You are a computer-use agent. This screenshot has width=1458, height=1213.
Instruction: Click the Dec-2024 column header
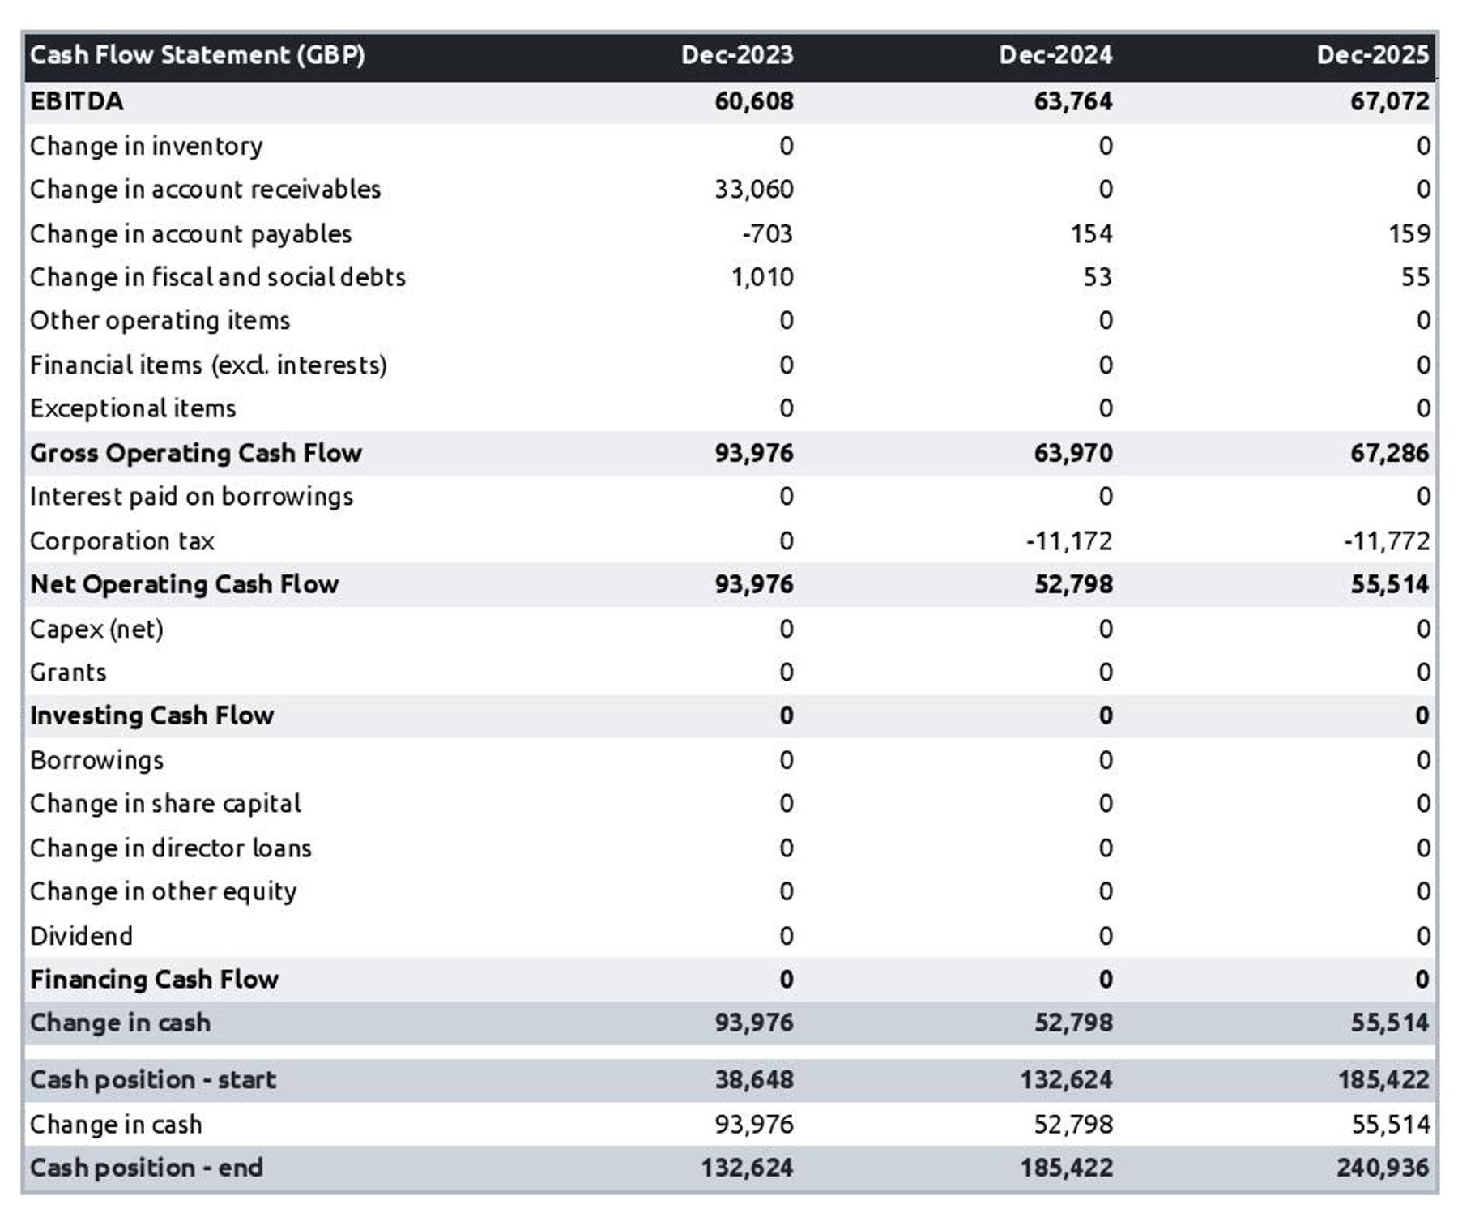1055,55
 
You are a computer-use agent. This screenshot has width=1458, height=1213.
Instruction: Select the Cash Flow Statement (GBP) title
198,55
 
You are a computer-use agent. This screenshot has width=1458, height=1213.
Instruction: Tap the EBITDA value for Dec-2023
753,101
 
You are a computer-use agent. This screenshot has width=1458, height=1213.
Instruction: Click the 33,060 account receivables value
753,190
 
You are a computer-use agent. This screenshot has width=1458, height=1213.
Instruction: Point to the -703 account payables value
767,234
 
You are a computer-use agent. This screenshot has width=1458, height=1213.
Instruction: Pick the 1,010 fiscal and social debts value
761,277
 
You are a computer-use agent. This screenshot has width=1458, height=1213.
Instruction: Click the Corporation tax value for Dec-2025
1386,540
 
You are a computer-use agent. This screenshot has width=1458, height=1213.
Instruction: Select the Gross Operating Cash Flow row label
196,453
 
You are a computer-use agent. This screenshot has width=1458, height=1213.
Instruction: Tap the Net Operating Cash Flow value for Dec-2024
1072,584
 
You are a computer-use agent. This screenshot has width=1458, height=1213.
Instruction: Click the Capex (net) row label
96,629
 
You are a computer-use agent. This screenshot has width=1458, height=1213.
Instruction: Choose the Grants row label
68,673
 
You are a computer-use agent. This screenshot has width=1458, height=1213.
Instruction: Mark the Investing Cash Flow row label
152,715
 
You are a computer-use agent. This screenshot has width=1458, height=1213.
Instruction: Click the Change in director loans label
171,848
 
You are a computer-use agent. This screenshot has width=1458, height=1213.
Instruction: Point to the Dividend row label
81,936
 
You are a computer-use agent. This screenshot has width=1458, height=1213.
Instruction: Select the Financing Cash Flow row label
155,980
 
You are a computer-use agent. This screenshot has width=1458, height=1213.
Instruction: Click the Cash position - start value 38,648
753,1080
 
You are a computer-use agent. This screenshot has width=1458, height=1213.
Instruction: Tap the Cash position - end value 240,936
1382,1168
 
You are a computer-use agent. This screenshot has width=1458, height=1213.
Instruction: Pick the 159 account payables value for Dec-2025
1409,234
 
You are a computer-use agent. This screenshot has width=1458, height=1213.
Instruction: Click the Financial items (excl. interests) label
208,365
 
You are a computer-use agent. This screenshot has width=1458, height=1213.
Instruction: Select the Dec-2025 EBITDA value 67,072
1389,101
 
